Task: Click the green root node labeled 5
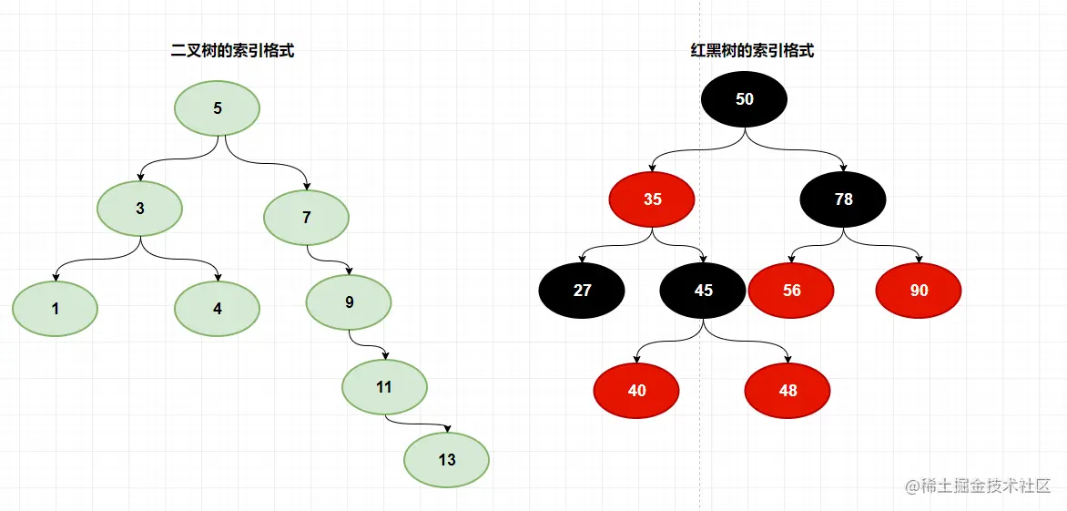pos(218,108)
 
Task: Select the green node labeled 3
pos(140,208)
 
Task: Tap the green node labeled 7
pos(307,218)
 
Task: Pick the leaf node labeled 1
pos(56,309)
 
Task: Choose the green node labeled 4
pos(218,309)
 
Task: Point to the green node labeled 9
pos(350,302)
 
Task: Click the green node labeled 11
pos(384,387)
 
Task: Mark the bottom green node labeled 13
pos(447,459)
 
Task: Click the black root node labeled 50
pos(745,99)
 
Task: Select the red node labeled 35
pos(653,199)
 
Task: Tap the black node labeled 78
pos(844,199)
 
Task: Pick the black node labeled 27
pos(583,291)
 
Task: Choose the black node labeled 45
pos(704,291)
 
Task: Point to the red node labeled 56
pos(792,291)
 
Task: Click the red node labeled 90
pos(920,291)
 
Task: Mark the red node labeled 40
pos(637,391)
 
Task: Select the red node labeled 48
pos(788,391)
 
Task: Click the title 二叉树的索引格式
pos(233,52)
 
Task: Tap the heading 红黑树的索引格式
pos(752,52)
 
